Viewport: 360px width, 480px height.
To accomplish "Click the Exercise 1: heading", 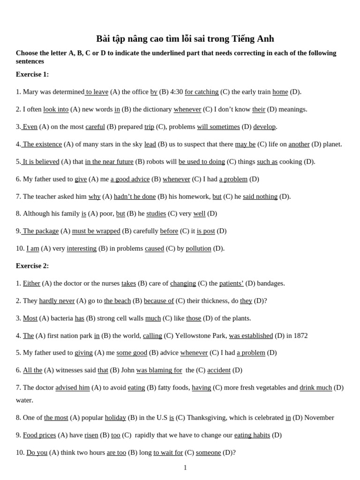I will pyautogui.click(x=32, y=75).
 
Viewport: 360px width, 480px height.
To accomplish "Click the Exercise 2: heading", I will pyautogui.click(x=32, y=266).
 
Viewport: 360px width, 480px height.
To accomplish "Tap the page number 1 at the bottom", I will pyautogui.click(x=185, y=467).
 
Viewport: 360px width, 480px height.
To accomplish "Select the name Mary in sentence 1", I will pyautogui.click(x=30, y=92).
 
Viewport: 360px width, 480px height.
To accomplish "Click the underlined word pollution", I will pyautogui.click(x=198, y=248).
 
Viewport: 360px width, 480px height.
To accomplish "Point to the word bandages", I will pyautogui.click(x=271, y=283).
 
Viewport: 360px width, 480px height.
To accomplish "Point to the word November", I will pyautogui.click(x=319, y=418).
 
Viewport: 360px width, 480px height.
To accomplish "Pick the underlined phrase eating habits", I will pyautogui.click(x=252, y=435).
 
